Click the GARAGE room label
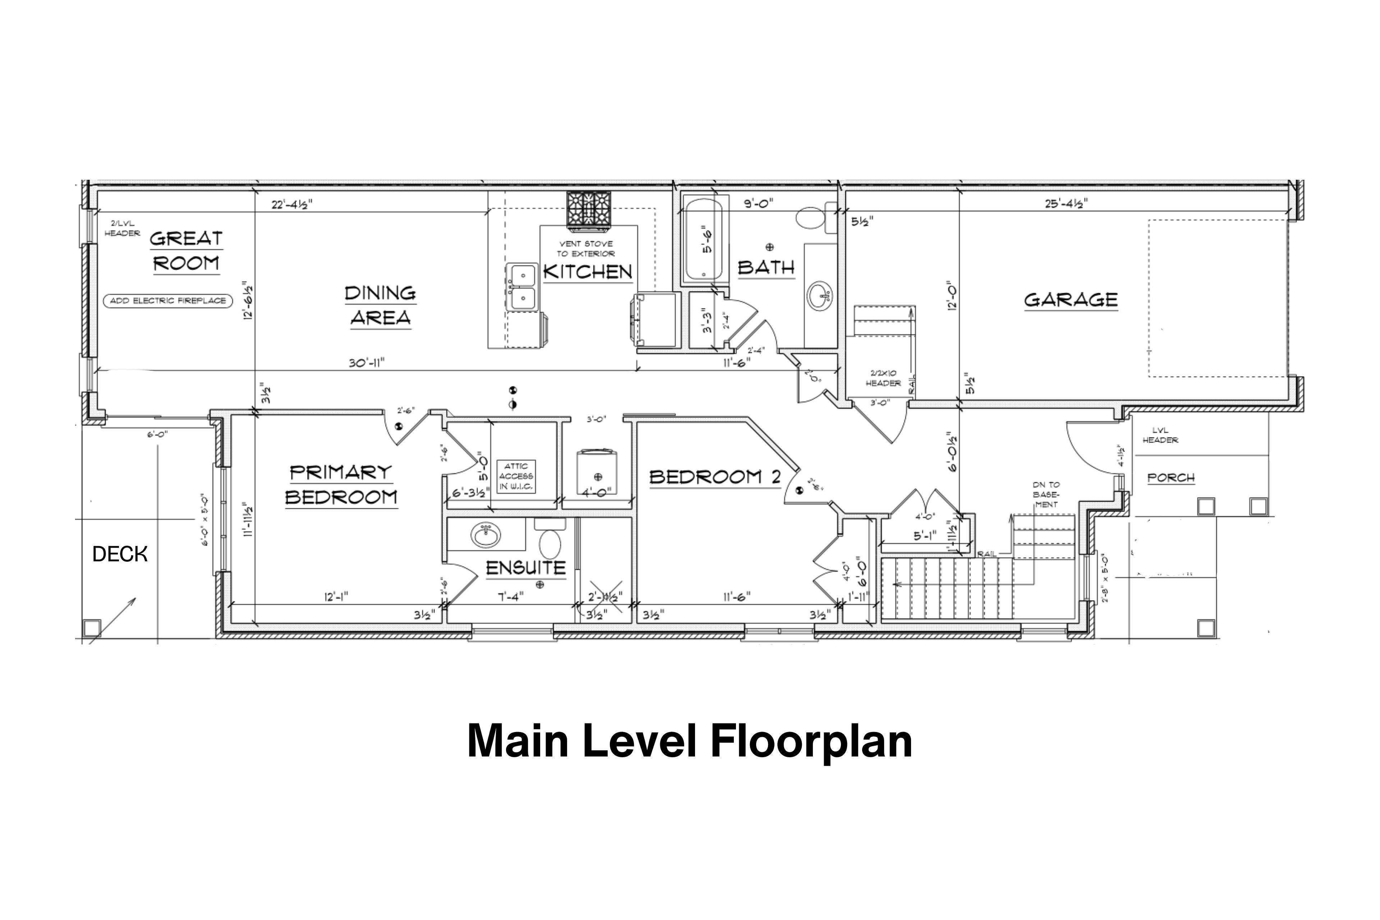(1071, 300)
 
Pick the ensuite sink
(486, 535)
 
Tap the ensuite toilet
(550, 543)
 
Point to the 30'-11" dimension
(367, 363)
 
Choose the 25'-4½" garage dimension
(1066, 204)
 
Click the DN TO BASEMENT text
(1046, 494)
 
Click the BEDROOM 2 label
(715, 477)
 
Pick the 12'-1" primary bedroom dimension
(336, 597)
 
